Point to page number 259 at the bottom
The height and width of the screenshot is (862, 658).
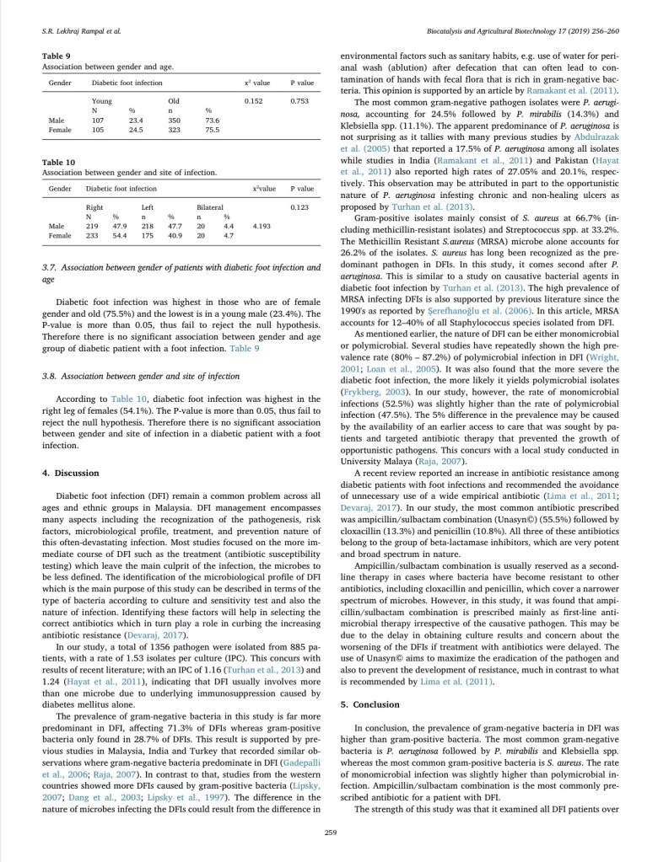[x=329, y=833]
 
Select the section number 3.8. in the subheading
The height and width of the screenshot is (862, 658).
[x=50, y=376]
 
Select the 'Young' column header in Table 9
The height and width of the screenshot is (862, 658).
[x=101, y=100]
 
